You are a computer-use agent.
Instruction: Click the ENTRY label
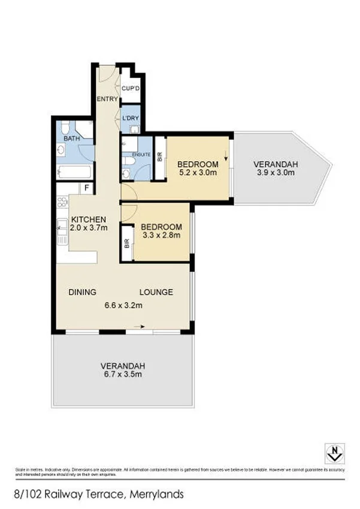[x=108, y=99]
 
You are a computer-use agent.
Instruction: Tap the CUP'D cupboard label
[x=131, y=89]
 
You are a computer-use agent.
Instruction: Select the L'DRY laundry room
[x=131, y=118]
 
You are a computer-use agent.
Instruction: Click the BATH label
[x=72, y=138]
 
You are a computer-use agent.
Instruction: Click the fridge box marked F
[x=87, y=188]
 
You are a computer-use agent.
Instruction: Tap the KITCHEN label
[x=89, y=219]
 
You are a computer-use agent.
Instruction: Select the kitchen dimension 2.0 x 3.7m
[x=89, y=228]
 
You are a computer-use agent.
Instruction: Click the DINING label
[x=82, y=293]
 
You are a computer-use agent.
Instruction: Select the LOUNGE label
[x=156, y=293]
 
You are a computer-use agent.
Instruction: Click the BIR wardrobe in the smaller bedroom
[x=126, y=243]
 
